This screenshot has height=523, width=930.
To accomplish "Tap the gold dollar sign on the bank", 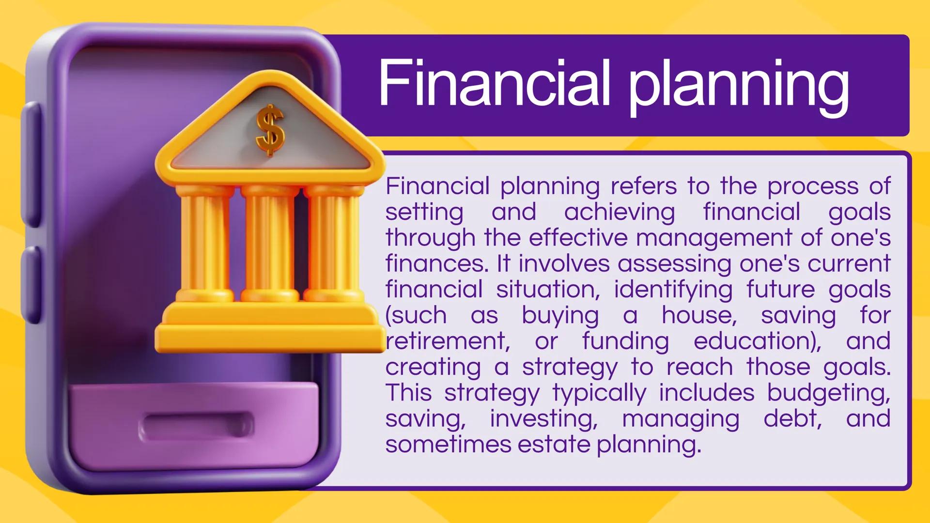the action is (270, 130).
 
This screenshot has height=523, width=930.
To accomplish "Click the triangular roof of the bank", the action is (269, 126).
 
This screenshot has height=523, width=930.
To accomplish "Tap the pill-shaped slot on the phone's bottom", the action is (196, 426).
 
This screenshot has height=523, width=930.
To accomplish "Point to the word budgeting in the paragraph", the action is (829, 394).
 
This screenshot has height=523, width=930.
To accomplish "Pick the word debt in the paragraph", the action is (793, 418).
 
